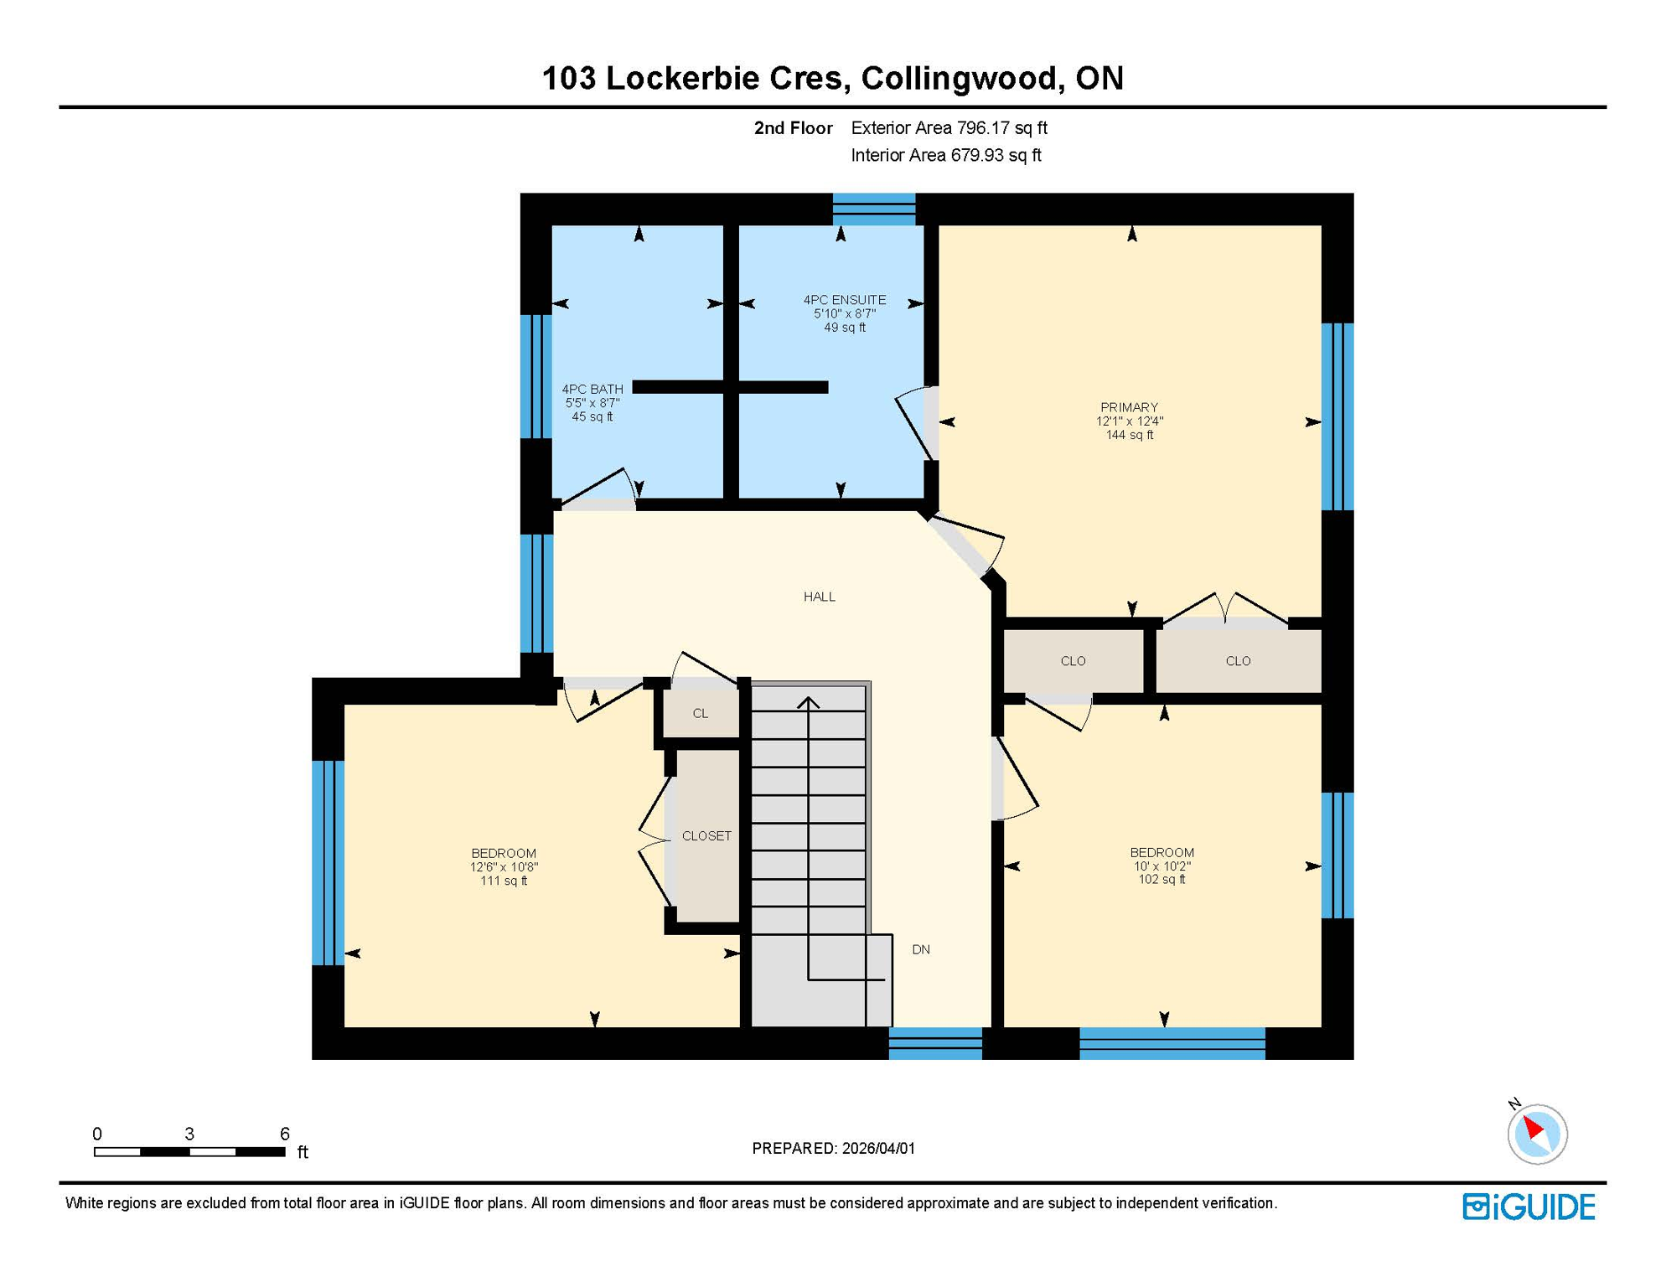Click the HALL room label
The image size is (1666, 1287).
[x=819, y=597]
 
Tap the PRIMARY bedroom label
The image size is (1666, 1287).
[x=1129, y=407]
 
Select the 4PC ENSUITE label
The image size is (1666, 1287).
[x=844, y=300]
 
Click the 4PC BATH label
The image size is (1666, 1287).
[x=592, y=389]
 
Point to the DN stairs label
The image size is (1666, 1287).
[x=920, y=949]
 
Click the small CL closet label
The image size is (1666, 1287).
[x=700, y=713]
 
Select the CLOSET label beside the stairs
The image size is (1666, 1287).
[x=706, y=835]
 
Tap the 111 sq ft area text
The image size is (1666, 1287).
[x=503, y=881]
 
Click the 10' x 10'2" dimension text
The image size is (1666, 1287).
[x=1162, y=866]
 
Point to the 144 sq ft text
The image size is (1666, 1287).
[x=1129, y=435]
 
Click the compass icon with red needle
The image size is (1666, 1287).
[x=1537, y=1134]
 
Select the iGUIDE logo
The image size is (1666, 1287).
[x=1529, y=1207]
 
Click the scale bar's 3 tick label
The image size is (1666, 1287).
[x=189, y=1134]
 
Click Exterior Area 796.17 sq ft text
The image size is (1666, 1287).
[x=949, y=128]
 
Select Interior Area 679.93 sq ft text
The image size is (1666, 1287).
[x=945, y=155]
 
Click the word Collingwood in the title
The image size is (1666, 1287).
[x=958, y=78]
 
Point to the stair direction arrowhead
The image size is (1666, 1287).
[x=808, y=702]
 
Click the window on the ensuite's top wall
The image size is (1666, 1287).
[x=873, y=209]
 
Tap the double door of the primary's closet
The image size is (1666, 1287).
[x=1225, y=610]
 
